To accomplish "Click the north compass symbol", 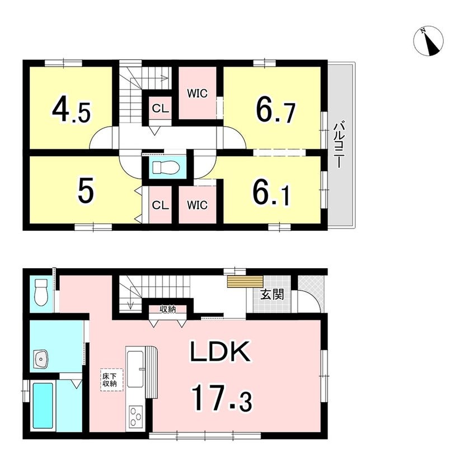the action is click(x=429, y=41).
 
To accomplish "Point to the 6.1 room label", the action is click(x=271, y=194).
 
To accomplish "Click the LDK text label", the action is click(x=220, y=351).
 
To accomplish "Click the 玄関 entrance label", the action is click(x=272, y=295).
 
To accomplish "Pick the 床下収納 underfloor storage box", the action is click(x=111, y=380).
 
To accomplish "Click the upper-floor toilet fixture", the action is click(x=166, y=167).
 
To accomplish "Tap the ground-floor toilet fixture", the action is click(x=41, y=291).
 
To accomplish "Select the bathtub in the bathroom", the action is click(x=43, y=405).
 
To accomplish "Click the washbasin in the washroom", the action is click(x=41, y=358).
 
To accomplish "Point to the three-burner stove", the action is click(x=136, y=416).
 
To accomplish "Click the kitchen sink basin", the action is click(x=136, y=368).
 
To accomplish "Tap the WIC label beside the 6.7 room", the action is click(x=197, y=94).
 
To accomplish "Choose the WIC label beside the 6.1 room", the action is click(x=197, y=205).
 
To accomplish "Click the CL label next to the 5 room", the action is click(x=161, y=205).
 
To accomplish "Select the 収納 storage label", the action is click(x=168, y=309).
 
